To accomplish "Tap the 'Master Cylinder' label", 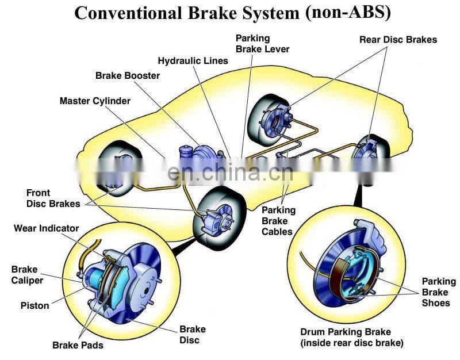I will click(x=95, y=101).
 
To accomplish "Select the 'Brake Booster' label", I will click(x=128, y=75).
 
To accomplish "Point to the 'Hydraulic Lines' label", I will click(x=193, y=60).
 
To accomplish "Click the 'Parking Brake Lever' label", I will click(x=262, y=43).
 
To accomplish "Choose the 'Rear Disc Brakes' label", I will click(x=398, y=40).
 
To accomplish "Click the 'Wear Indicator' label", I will click(x=46, y=228).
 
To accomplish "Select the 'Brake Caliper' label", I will click(x=27, y=274).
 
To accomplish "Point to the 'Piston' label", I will click(x=34, y=305).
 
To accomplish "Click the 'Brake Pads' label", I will click(x=78, y=345).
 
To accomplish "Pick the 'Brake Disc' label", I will click(x=192, y=335).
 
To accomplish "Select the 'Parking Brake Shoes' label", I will click(x=439, y=292).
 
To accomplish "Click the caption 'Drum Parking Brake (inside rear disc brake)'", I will click(x=351, y=338).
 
